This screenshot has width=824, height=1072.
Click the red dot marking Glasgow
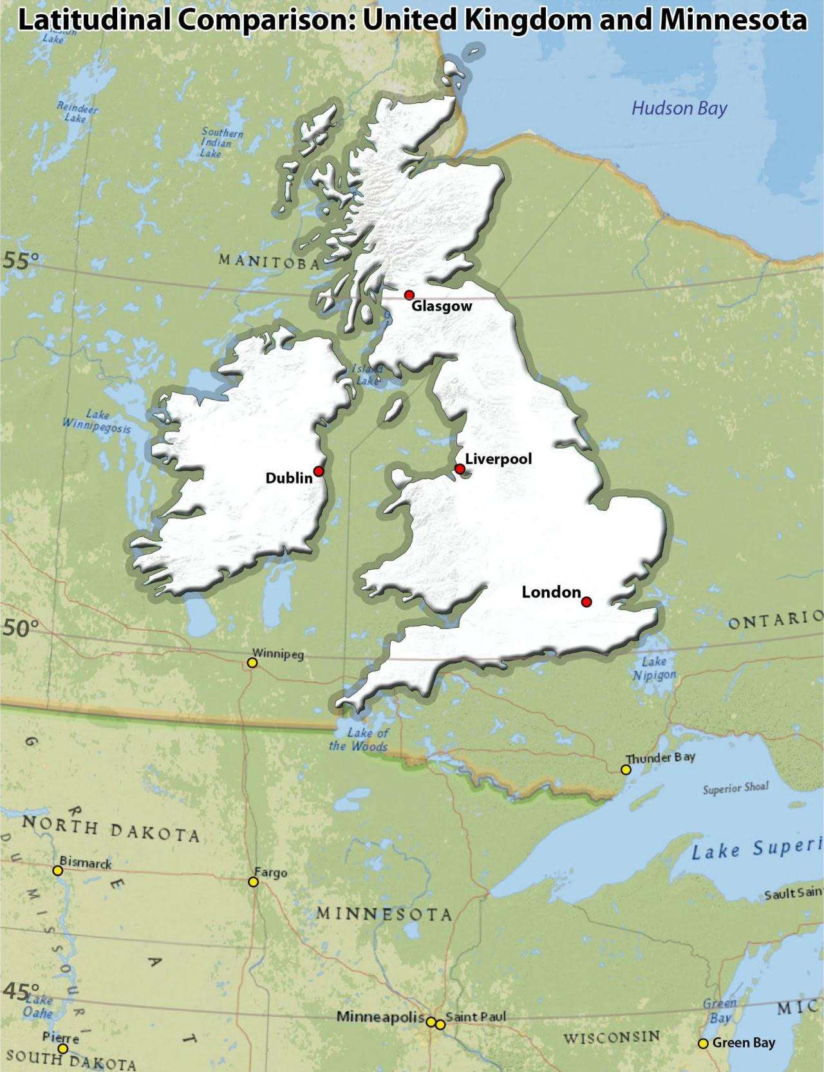point(409,295)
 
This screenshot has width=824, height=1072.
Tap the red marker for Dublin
point(318,471)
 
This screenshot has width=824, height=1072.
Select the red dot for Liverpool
point(460,469)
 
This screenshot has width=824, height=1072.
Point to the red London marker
point(586,602)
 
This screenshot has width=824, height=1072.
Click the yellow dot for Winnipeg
point(252,663)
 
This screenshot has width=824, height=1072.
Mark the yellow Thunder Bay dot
point(626,769)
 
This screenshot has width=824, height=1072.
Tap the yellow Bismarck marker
point(57,870)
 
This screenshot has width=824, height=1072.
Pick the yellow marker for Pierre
point(62,1048)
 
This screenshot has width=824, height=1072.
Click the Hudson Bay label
point(679,108)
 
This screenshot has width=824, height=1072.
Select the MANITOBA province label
point(269,261)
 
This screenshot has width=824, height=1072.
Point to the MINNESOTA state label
point(384,914)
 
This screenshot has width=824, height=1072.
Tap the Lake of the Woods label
point(359,740)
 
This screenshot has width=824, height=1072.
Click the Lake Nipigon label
point(654,668)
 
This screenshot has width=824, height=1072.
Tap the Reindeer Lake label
point(77,113)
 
